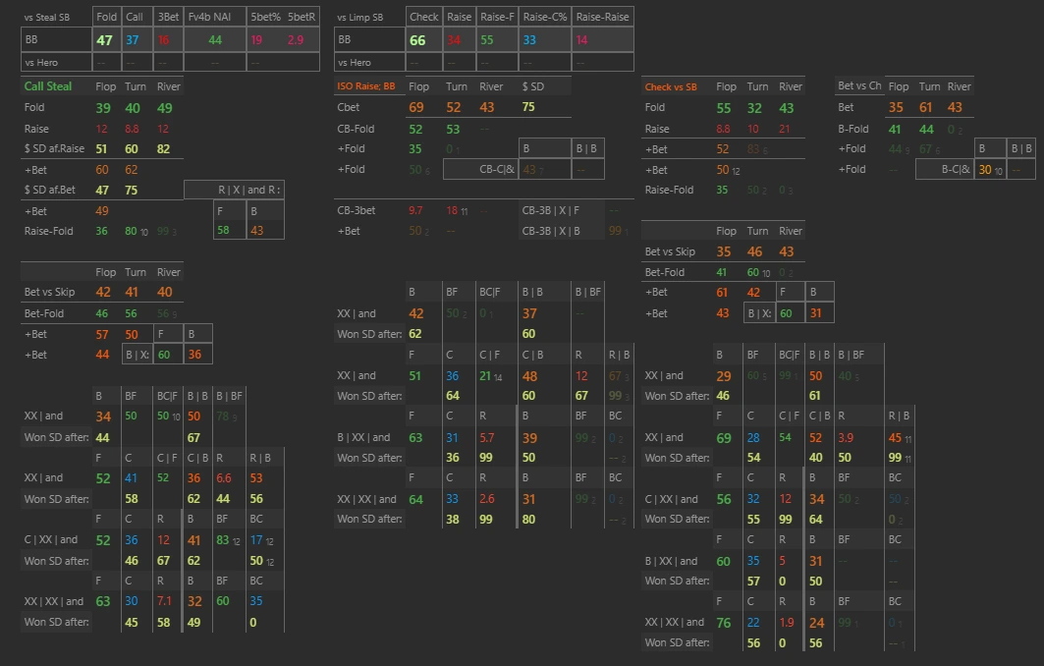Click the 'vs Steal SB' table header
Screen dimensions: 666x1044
tap(47, 17)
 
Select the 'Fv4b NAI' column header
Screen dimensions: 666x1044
tap(208, 17)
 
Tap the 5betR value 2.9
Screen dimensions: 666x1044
tap(296, 40)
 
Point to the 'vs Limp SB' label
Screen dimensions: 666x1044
tap(359, 17)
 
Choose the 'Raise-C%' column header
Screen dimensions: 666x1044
tap(543, 17)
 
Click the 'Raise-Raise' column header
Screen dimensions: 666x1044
tap(601, 17)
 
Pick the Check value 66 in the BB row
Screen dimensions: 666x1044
tap(417, 40)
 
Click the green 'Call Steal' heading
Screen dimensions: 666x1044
tap(48, 86)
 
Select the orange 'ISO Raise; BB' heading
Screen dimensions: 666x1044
tap(365, 86)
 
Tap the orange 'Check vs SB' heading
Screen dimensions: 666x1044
tap(671, 86)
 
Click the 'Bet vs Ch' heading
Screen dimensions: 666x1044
tap(859, 86)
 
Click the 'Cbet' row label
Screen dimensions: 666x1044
tap(349, 107)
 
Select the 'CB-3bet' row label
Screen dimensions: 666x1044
tap(356, 210)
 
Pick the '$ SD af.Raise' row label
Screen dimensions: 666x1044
tap(53, 148)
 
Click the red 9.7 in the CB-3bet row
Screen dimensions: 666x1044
tap(415, 210)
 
